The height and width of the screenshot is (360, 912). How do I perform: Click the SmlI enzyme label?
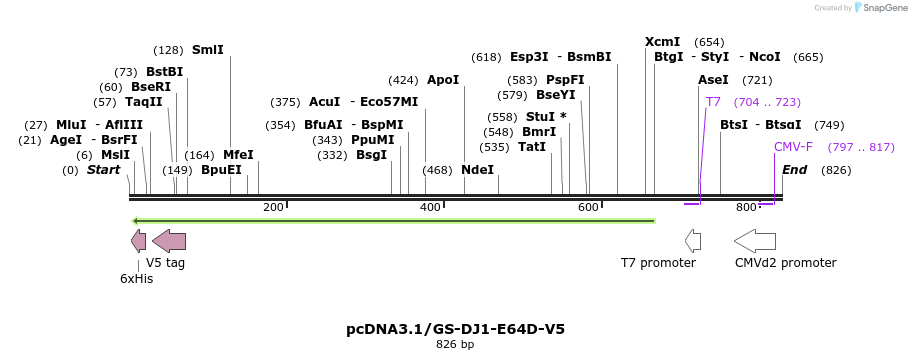(208, 50)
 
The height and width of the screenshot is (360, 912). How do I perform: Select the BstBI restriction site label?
(165, 72)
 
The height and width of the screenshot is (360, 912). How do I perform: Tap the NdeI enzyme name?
(478, 170)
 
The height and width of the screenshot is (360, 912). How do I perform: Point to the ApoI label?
(443, 80)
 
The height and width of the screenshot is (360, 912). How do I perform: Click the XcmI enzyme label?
(662, 42)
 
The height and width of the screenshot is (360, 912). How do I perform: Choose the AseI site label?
(713, 80)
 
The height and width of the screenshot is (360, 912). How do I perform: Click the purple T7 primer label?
(713, 102)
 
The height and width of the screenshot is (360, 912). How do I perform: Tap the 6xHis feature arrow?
(138, 240)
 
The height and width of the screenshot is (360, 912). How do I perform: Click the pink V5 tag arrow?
(169, 240)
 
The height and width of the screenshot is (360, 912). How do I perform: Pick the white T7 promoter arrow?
(693, 240)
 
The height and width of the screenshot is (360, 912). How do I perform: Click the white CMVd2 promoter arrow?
(755, 240)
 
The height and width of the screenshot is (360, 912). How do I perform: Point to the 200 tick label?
(273, 208)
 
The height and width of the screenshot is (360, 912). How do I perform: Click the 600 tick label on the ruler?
(589, 208)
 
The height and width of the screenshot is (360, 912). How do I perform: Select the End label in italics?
(795, 170)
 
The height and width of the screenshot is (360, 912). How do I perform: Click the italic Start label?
(104, 170)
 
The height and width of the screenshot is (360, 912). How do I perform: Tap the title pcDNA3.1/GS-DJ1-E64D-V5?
(455, 329)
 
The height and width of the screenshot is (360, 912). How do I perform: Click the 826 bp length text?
(455, 345)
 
